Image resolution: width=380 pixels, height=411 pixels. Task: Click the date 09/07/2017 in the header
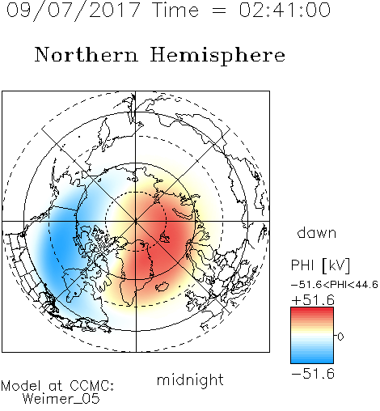click(x=73, y=11)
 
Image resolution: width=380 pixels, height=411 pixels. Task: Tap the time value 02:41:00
click(x=285, y=10)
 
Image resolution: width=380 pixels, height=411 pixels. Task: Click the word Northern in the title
click(x=87, y=54)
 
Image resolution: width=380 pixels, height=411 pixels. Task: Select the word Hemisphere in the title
click(x=217, y=56)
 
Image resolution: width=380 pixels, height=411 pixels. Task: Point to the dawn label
click(x=317, y=232)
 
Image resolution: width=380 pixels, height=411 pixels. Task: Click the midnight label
click(x=190, y=380)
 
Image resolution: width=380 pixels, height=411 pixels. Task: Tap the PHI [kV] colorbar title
click(x=320, y=265)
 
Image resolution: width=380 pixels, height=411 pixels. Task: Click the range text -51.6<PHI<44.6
click(x=335, y=285)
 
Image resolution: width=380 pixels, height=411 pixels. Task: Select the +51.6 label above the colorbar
click(x=313, y=300)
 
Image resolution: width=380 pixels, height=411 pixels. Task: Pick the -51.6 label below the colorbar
click(x=313, y=374)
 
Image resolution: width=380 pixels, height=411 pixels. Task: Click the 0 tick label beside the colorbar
click(x=340, y=337)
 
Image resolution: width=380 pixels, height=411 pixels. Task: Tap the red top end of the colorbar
click(x=312, y=309)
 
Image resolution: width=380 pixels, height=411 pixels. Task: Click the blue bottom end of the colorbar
click(x=312, y=361)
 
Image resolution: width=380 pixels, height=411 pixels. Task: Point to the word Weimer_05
click(x=61, y=399)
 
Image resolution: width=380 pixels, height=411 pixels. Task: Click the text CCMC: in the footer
click(x=91, y=386)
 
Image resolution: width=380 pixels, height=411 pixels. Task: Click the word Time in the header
click(x=175, y=10)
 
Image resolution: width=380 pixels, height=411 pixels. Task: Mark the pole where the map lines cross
click(x=136, y=221)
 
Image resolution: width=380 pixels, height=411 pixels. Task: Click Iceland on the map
click(x=163, y=286)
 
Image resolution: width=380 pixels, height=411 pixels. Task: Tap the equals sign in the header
click(x=219, y=11)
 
